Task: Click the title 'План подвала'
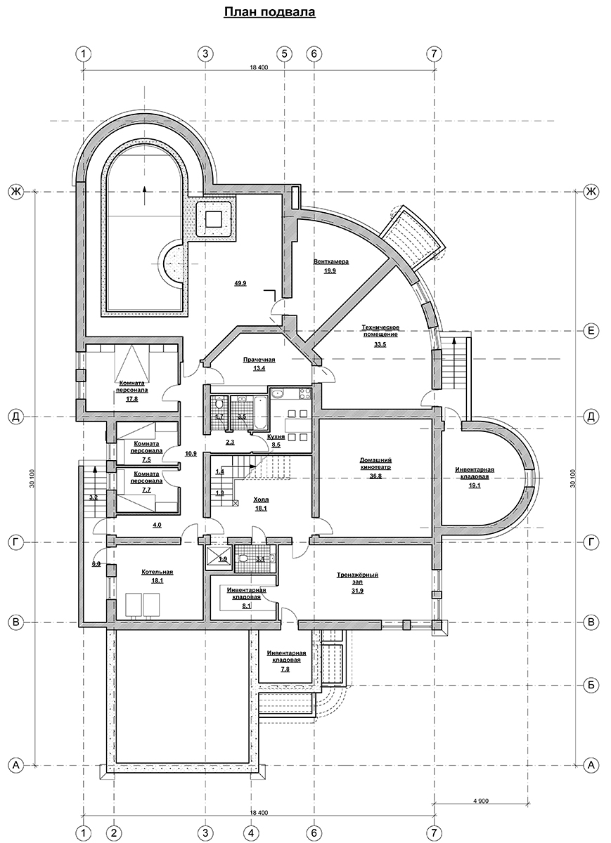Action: click(x=270, y=13)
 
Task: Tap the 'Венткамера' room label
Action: click(x=331, y=261)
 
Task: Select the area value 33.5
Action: click(x=380, y=344)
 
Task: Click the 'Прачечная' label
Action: click(x=259, y=360)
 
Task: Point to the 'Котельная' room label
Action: click(x=157, y=572)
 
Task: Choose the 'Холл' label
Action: click(x=261, y=499)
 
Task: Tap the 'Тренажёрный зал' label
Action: click(x=357, y=578)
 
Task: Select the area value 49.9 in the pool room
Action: click(x=240, y=283)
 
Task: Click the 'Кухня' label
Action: click(x=276, y=436)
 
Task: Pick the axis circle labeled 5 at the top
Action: click(x=284, y=54)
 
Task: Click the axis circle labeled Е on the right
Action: click(x=591, y=331)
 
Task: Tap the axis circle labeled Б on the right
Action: click(x=591, y=685)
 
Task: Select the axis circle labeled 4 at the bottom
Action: click(x=251, y=831)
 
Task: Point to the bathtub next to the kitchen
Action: click(x=260, y=412)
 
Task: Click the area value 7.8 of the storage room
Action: click(x=285, y=669)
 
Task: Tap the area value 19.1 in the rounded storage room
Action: click(x=475, y=485)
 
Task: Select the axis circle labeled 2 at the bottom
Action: click(x=114, y=831)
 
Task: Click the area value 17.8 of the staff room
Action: click(x=131, y=399)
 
